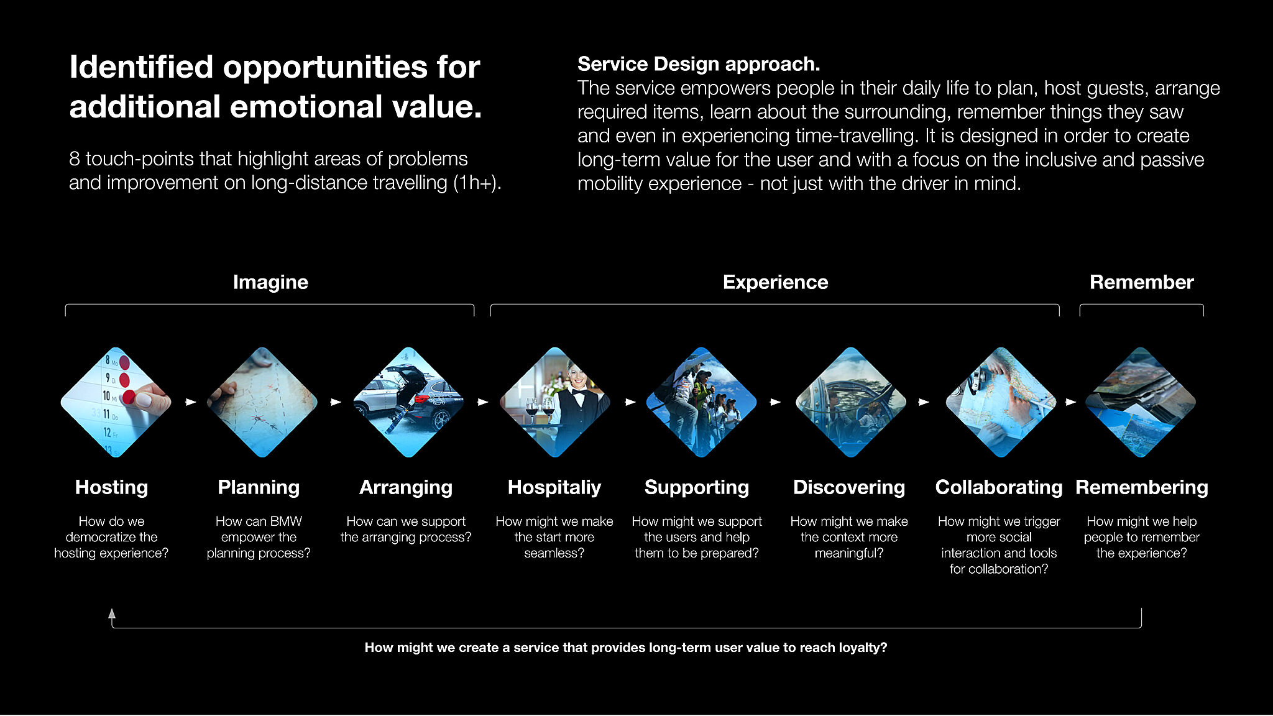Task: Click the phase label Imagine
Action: [x=270, y=283]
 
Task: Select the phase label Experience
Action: [x=775, y=283]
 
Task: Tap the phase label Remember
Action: [x=1141, y=282]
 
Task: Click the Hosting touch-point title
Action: [x=111, y=488]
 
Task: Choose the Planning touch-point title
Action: [x=259, y=488]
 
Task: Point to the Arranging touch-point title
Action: [x=406, y=488]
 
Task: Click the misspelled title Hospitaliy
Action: [x=554, y=488]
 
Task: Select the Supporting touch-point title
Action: [x=697, y=488]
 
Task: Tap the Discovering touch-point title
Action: [x=849, y=488]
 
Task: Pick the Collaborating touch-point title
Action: [x=999, y=488]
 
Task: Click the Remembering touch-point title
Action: [x=1142, y=488]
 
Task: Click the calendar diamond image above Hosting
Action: [x=116, y=402]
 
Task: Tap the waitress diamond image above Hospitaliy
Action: [x=555, y=402]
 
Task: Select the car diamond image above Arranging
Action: [x=408, y=402]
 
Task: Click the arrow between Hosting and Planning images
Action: [x=191, y=402]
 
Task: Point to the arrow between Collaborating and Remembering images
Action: [x=1070, y=402]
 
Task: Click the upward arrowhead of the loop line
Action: [x=112, y=613]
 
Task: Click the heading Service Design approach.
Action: [x=699, y=64]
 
